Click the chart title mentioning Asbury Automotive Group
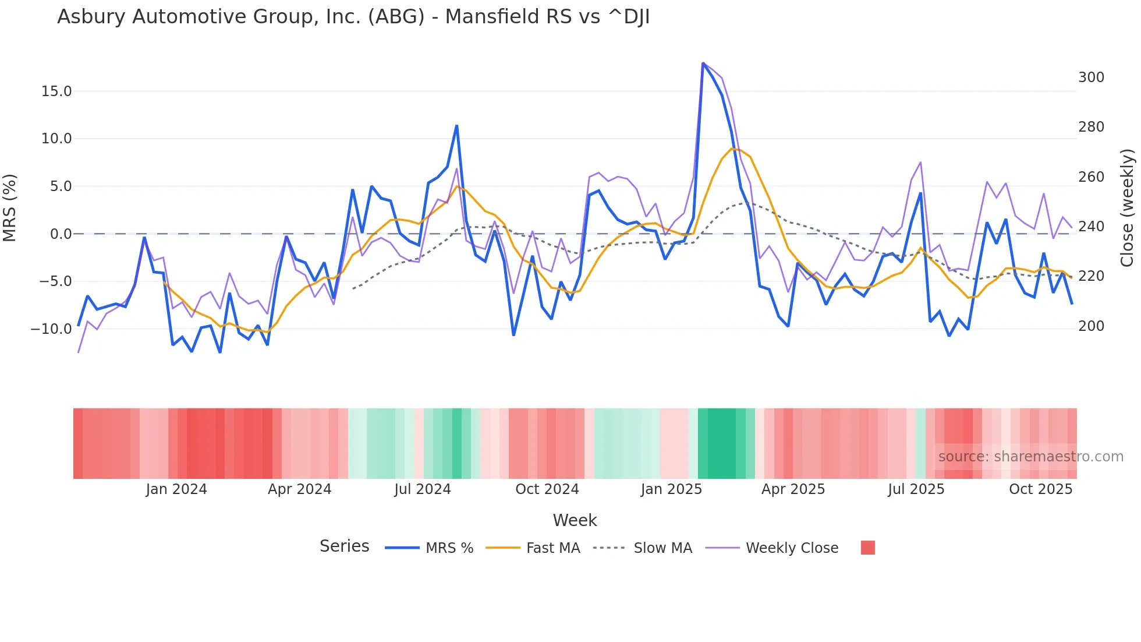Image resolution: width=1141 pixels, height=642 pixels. tap(353, 17)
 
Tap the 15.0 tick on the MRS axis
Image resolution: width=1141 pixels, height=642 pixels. tap(56, 91)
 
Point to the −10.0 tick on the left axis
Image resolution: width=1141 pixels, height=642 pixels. tap(51, 329)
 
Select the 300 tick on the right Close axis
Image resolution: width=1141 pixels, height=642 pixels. tap(1091, 77)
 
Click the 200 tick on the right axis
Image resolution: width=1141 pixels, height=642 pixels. tap(1091, 326)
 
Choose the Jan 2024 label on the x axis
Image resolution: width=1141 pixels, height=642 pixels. tap(176, 489)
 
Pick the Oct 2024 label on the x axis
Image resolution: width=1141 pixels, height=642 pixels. tap(547, 489)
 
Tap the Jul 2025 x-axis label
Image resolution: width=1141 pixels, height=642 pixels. tap(916, 489)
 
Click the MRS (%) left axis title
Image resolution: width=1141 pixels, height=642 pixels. tap(10, 207)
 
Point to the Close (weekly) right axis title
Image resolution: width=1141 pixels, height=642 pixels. tap(1127, 207)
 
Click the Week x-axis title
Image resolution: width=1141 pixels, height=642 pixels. tap(575, 520)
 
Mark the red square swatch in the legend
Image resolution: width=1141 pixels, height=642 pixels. tap(867, 548)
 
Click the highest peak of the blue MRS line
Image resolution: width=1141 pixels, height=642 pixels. tap(703, 64)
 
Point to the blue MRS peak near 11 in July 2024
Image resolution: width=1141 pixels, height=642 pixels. tap(457, 126)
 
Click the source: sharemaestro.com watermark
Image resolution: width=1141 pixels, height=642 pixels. tap(1030, 457)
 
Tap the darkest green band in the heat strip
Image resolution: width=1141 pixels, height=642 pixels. tap(721, 443)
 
